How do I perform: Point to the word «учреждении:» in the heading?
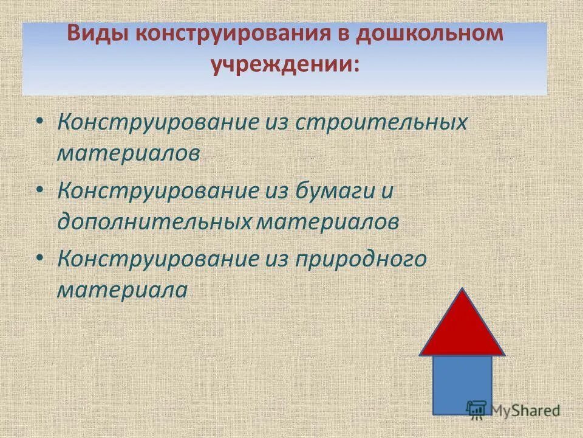click(285, 64)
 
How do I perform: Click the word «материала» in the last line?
click(122, 290)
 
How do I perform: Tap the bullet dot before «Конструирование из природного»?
click(39, 259)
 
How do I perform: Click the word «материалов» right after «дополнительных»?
click(327, 221)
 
